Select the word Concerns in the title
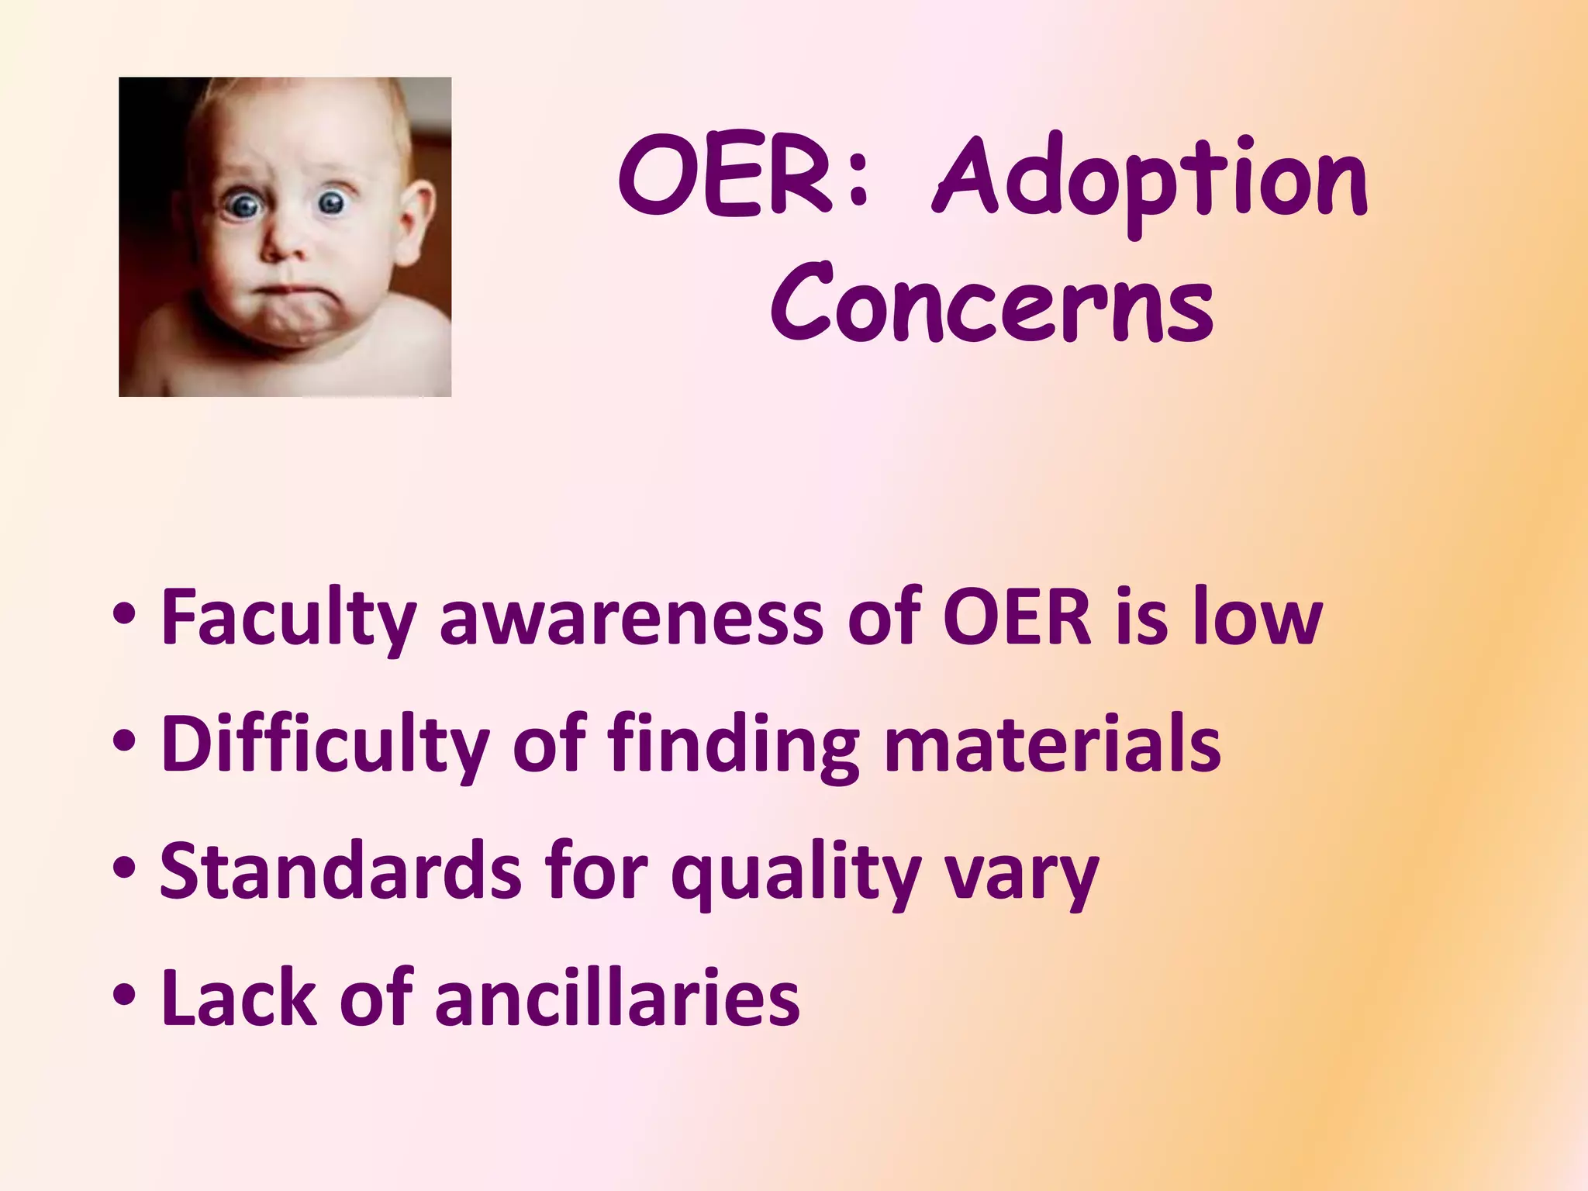pyautogui.click(x=992, y=304)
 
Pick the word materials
pyautogui.click(x=1052, y=744)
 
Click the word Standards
pyautogui.click(x=340, y=872)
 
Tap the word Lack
pyautogui.click(x=238, y=999)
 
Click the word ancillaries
pyautogui.click(x=617, y=999)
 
